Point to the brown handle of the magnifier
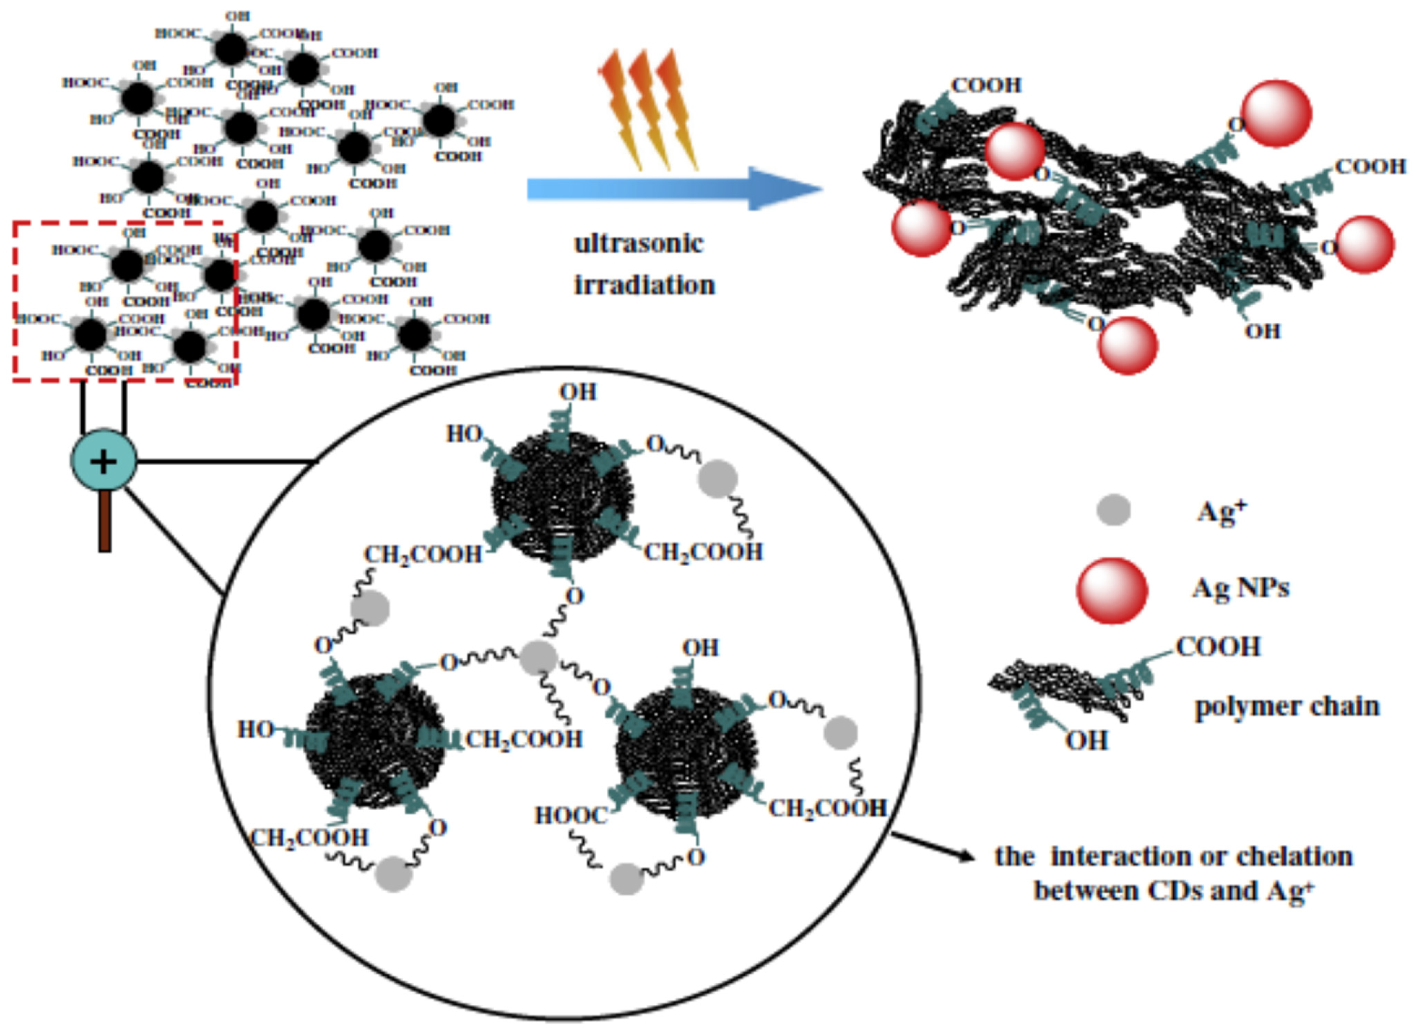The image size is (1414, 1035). tap(105, 520)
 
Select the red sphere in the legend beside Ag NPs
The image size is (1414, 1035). tap(1112, 590)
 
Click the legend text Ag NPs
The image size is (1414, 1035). tap(1241, 588)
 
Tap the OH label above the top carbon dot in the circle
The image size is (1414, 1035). tap(578, 392)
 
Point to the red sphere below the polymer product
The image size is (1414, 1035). tap(1128, 345)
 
